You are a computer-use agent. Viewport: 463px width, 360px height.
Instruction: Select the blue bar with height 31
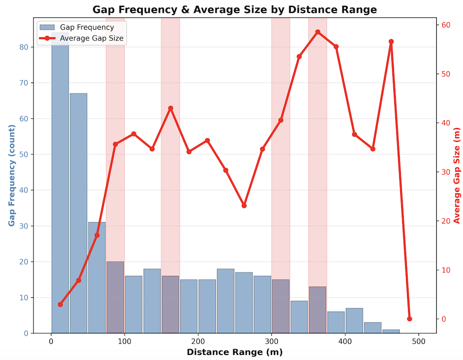pos(97,277)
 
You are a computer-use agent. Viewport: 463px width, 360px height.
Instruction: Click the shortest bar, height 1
pos(391,331)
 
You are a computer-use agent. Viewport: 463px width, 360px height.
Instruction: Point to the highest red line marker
pos(318,32)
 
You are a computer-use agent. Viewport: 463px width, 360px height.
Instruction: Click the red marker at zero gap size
pos(410,319)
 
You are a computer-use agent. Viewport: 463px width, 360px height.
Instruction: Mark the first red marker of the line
pos(60,304)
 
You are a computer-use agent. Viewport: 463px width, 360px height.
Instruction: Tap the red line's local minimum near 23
pos(244,205)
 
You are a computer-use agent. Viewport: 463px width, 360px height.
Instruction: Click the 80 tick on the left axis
pos(25,47)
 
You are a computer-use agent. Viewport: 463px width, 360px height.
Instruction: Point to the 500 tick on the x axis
pos(419,342)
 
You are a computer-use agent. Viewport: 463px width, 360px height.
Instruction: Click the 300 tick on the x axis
pos(272,342)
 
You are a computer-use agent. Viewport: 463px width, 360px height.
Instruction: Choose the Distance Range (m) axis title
pos(235,352)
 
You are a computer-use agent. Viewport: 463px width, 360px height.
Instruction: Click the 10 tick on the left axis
pos(25,297)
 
